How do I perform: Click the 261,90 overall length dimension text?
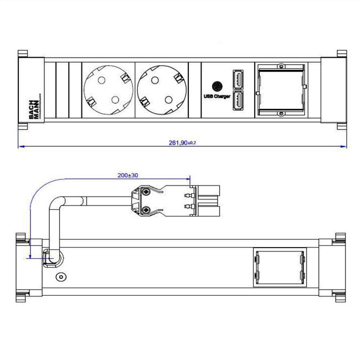(182, 142)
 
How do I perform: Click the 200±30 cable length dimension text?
(128, 174)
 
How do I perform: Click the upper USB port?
(239, 80)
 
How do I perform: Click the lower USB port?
(239, 101)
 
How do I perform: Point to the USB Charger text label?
(217, 96)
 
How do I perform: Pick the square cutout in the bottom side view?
(280, 268)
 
